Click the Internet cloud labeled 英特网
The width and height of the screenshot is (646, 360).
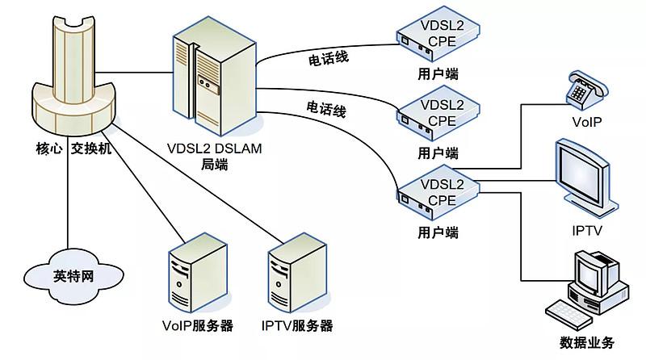(73, 276)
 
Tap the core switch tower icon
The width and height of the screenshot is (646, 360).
(73, 77)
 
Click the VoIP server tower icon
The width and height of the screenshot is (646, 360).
(198, 273)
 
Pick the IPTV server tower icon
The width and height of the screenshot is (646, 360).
(297, 273)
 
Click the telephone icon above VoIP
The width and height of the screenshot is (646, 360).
(586, 90)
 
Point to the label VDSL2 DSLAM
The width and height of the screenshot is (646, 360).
(214, 149)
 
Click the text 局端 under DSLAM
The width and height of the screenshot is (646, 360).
(214, 165)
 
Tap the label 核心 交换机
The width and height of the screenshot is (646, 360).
(73, 149)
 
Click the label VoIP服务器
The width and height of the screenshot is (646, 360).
(198, 325)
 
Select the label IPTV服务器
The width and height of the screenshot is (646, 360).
(297, 325)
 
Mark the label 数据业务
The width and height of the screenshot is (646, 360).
(587, 342)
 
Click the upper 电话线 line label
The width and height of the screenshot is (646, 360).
(329, 58)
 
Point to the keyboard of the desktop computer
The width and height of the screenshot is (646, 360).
(568, 315)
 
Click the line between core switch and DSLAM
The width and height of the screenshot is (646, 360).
(136, 73)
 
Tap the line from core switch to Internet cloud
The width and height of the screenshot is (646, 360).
(67, 194)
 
